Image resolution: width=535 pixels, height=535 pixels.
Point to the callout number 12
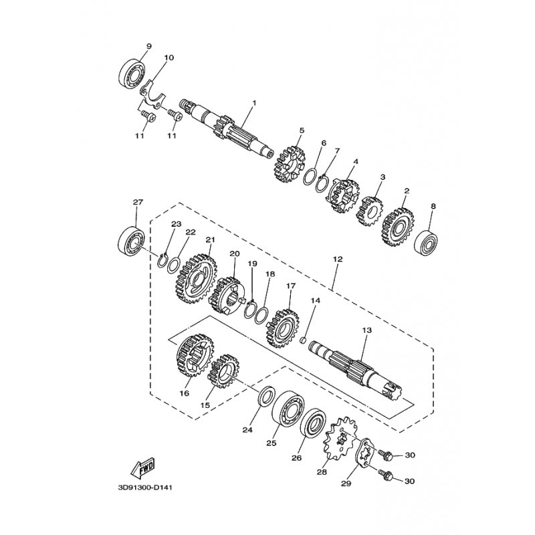point(337,257)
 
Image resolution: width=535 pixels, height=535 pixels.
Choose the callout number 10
point(168,58)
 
